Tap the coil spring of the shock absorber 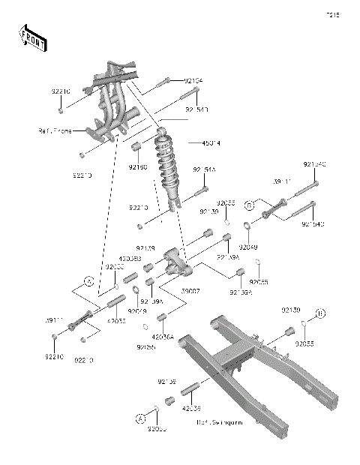tap(165, 169)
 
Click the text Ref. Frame tap(55, 130)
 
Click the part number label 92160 tap(137, 166)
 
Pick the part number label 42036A tap(162, 337)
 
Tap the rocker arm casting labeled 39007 tap(174, 263)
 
